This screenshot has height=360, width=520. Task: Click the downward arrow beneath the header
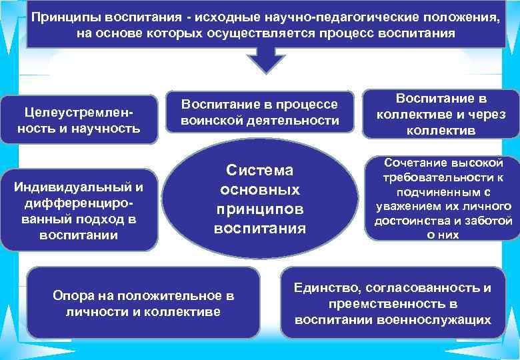(x=266, y=61)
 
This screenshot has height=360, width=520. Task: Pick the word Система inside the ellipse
(x=259, y=171)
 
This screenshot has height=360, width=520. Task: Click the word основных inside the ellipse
(x=259, y=190)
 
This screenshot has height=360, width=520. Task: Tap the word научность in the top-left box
(x=109, y=127)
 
